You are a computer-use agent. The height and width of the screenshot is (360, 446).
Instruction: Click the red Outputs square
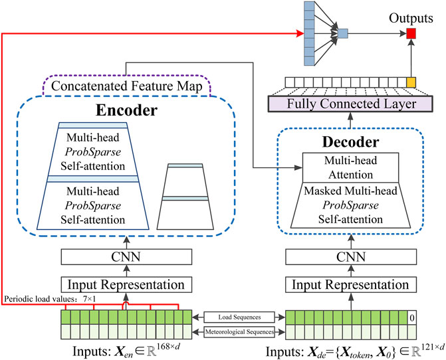coord(411,33)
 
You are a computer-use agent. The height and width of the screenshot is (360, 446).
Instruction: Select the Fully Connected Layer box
coord(350,104)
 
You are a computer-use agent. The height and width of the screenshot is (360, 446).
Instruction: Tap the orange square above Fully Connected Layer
coord(411,83)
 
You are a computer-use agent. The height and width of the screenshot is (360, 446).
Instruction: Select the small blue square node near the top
coord(342,33)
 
